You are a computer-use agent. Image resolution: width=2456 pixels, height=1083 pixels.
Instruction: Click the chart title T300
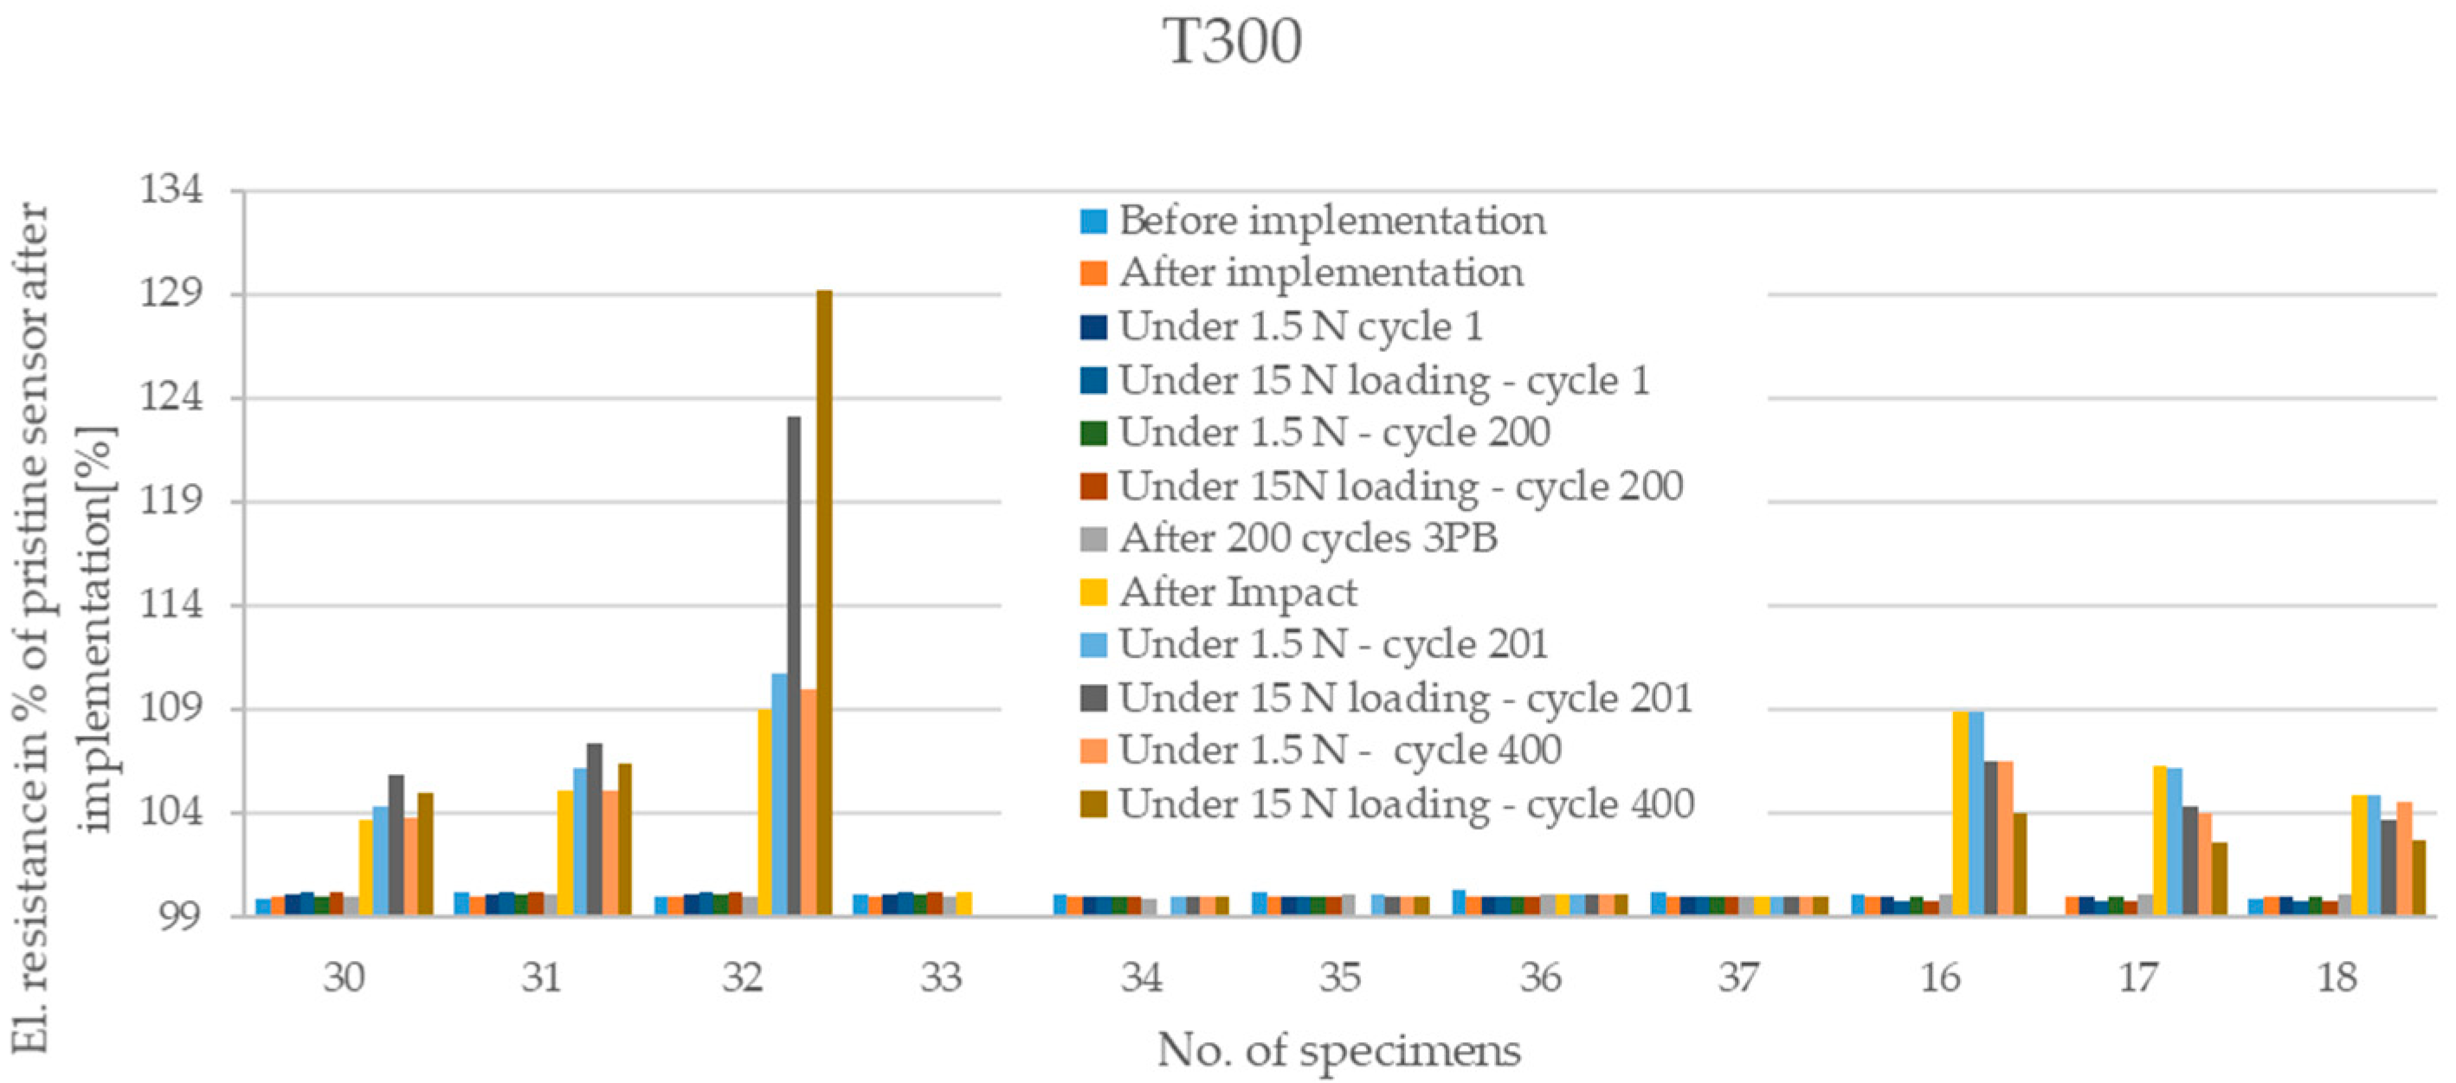click(1232, 43)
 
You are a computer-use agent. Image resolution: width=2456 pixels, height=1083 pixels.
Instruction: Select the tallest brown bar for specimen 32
click(824, 601)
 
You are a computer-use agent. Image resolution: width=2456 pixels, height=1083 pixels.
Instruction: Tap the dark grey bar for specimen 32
click(793, 667)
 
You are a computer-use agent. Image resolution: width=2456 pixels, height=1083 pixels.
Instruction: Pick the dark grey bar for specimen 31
click(594, 829)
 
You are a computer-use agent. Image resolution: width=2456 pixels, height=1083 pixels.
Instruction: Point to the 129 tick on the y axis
click(172, 293)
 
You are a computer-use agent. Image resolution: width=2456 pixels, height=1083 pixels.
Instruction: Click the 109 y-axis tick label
click(172, 708)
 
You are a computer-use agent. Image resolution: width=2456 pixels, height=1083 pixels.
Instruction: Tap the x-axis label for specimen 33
click(941, 978)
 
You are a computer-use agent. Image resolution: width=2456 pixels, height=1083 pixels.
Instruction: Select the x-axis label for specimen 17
click(2137, 978)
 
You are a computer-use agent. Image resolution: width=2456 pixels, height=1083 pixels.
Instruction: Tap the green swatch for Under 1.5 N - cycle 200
click(1093, 434)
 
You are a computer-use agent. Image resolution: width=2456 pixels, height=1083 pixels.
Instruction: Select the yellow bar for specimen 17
click(2159, 840)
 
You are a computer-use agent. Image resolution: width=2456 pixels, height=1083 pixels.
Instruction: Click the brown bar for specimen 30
click(425, 854)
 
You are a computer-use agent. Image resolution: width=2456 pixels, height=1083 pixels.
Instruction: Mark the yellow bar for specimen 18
click(2359, 854)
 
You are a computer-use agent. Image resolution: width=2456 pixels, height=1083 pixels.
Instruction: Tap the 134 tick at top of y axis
click(172, 190)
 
